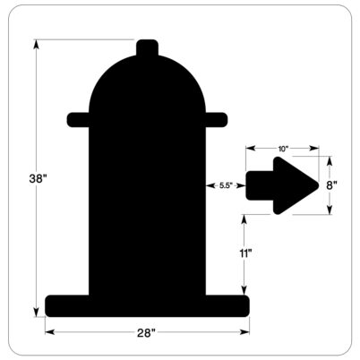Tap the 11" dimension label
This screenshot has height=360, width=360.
pyautogui.click(x=244, y=254)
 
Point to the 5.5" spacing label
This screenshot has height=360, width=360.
pyautogui.click(x=226, y=185)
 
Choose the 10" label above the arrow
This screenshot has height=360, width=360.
pyautogui.click(x=283, y=148)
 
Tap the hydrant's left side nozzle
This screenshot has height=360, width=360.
pyautogui.click(x=78, y=118)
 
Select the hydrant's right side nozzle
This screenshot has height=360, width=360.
pyautogui.click(x=216, y=118)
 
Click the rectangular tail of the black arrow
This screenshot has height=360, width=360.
pyautogui.click(x=257, y=185)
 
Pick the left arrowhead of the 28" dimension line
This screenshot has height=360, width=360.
pyautogui.click(x=49, y=333)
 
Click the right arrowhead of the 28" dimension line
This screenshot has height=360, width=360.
pyautogui.click(x=246, y=333)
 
